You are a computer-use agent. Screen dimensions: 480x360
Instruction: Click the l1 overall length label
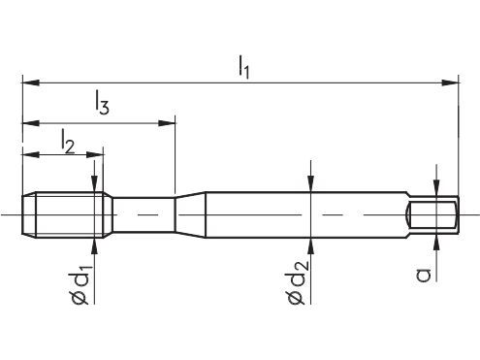(x=243, y=67)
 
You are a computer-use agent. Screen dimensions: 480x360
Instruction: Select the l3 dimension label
(x=102, y=103)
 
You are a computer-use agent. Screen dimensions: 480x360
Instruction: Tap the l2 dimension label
(x=68, y=142)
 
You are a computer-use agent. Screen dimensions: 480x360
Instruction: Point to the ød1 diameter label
(x=81, y=284)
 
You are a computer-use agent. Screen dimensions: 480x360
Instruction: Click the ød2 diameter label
(x=298, y=282)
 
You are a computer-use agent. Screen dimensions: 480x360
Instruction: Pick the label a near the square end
(x=424, y=276)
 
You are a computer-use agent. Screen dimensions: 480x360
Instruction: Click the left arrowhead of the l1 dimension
(x=31, y=82)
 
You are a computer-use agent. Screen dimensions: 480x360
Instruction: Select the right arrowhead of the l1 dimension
(x=450, y=82)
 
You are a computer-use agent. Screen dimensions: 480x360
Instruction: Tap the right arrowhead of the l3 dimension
(x=166, y=123)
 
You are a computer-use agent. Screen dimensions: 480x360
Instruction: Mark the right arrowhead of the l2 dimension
(x=94, y=154)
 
